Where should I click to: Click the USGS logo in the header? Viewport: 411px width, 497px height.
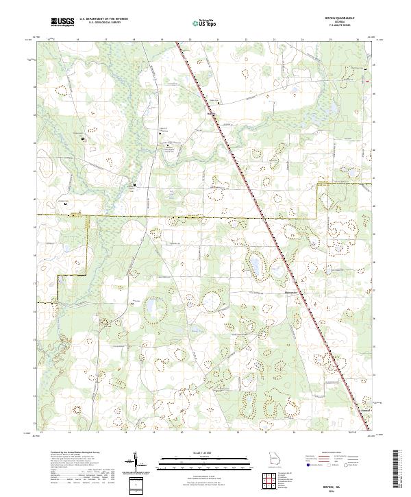pos(62,22)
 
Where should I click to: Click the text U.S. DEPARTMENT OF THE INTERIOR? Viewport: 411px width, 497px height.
pos(103,19)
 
